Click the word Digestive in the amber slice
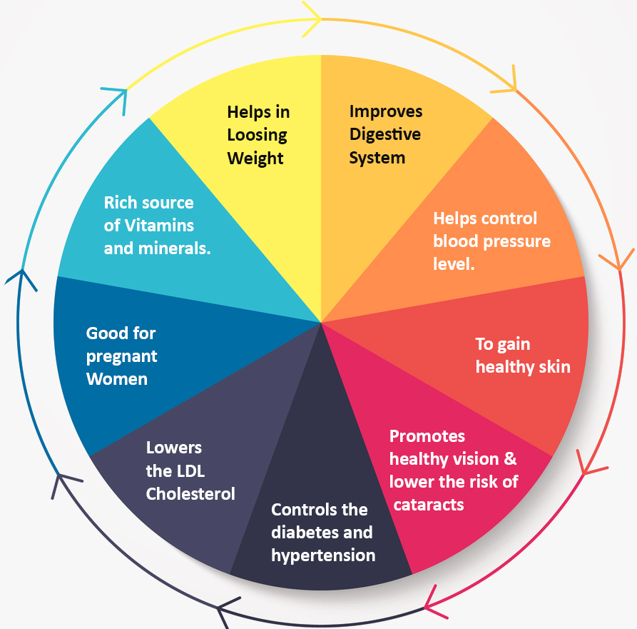[x=384, y=134]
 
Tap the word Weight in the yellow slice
[x=255, y=158]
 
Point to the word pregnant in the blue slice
[x=122, y=356]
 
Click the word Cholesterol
[x=190, y=493]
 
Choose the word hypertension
[x=323, y=555]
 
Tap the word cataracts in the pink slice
[x=429, y=505]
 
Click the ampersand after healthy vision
[x=510, y=458]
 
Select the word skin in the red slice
[x=554, y=367]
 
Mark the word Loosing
[x=257, y=135]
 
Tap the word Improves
[x=385, y=111]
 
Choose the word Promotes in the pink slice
[x=427, y=436]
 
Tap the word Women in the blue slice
[x=117, y=378]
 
